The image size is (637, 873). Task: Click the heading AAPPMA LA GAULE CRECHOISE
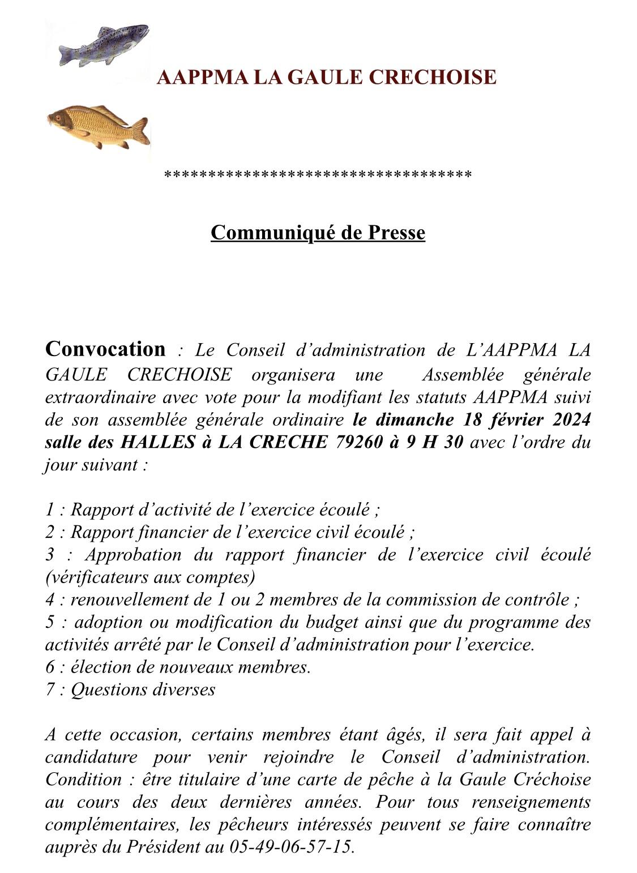coord(326,77)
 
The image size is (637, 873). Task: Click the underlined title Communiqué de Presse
coord(318,232)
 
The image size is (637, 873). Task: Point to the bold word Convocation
coord(105,349)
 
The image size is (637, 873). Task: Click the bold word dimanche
coord(414,420)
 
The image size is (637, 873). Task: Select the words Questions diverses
coord(143,690)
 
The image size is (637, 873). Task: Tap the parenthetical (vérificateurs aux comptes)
coord(149,577)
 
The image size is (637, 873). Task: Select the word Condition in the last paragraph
coord(83,779)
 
